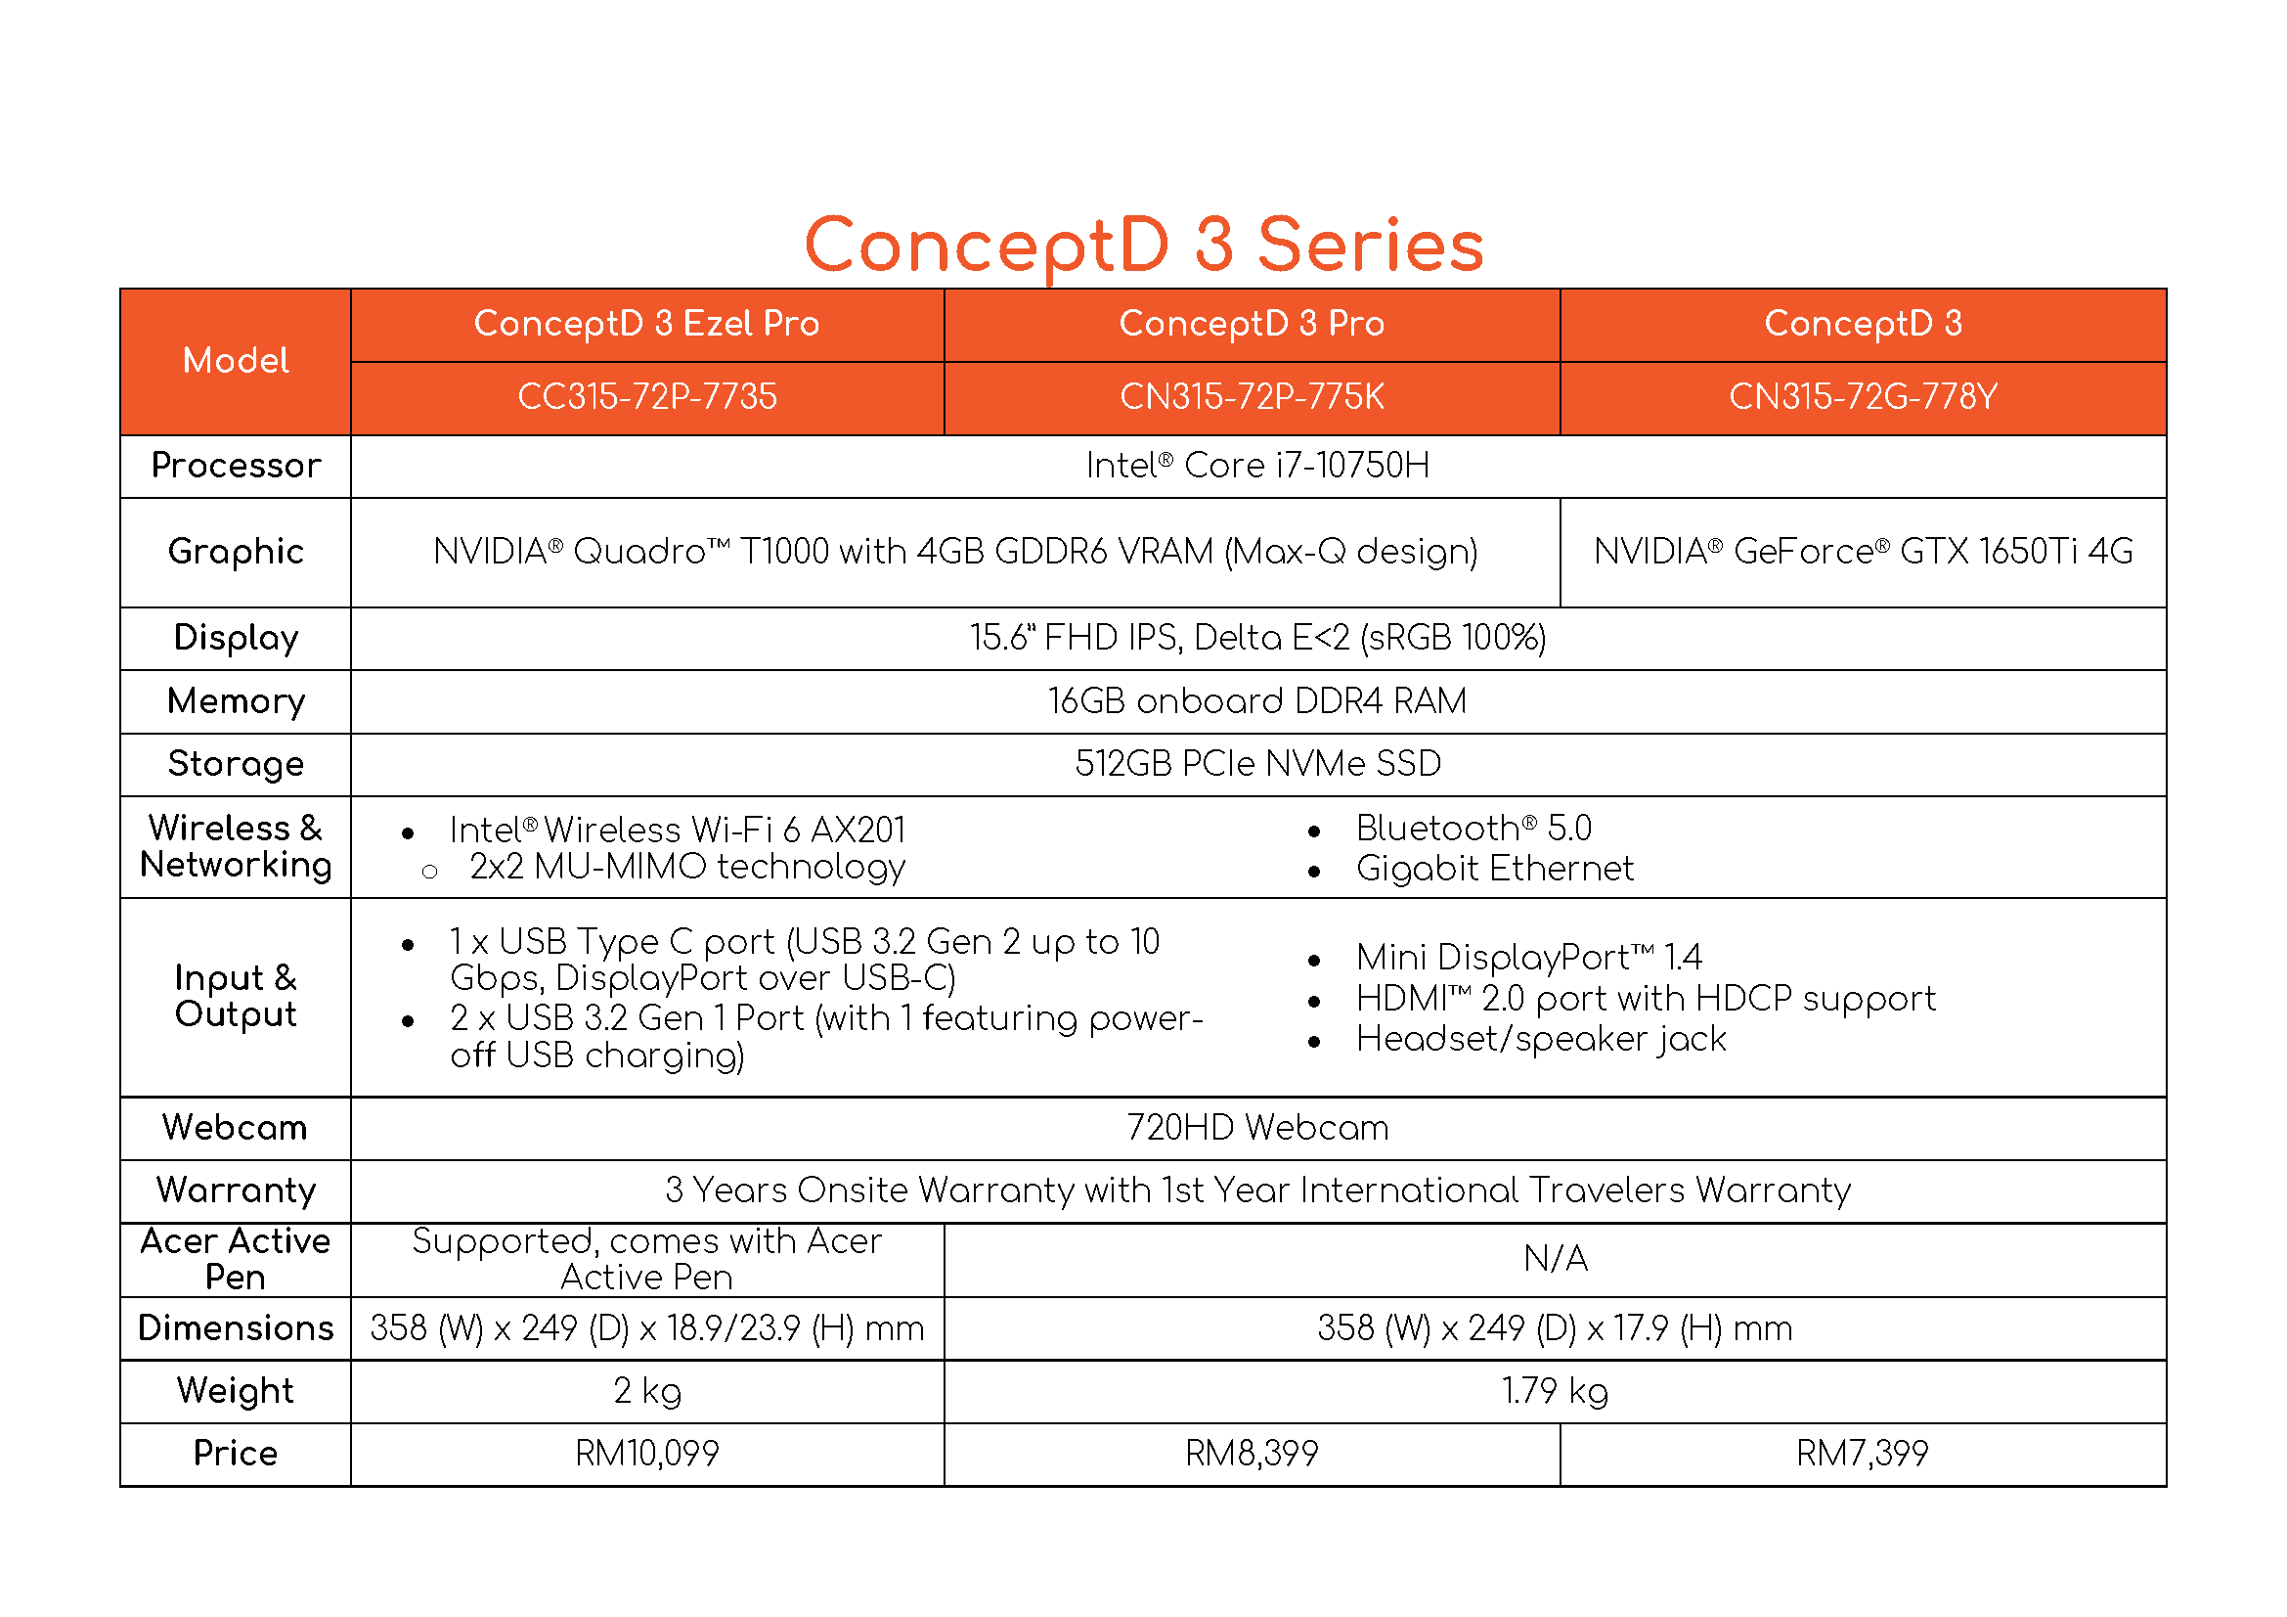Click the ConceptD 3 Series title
[1144, 246]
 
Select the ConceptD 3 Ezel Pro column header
[646, 324]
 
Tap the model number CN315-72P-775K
[1252, 396]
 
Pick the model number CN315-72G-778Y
[1863, 396]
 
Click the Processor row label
[236, 466]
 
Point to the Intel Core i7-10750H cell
[1257, 466]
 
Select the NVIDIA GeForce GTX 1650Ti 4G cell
[1863, 551]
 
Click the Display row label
[236, 638]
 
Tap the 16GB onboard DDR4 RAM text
[1257, 701]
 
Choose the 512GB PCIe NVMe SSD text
[1257, 764]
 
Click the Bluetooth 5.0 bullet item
[1473, 828]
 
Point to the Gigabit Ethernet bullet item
[1494, 869]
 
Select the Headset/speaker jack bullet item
[1541, 1039]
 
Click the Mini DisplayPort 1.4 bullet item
[1528, 958]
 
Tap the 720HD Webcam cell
[1257, 1128]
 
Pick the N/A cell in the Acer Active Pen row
[1555, 1259]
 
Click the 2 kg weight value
[646, 1391]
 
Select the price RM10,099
[646, 1454]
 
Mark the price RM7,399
[1863, 1454]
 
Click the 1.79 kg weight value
[1555, 1391]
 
